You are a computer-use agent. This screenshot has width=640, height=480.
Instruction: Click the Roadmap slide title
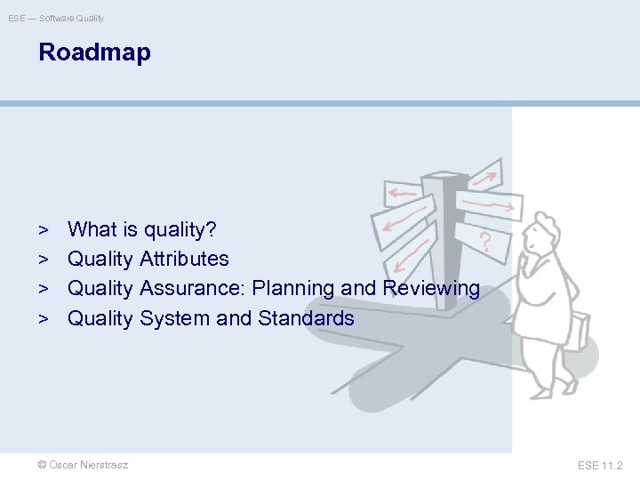tap(94, 52)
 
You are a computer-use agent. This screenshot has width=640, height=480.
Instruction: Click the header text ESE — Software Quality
tap(56, 18)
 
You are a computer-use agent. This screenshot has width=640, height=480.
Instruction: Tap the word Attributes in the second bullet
tap(184, 259)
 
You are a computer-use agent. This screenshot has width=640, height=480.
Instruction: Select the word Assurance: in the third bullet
tap(193, 288)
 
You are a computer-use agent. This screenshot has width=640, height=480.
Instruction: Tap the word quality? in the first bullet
tap(179, 229)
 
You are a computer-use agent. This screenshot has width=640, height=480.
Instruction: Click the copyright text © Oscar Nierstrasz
tap(83, 465)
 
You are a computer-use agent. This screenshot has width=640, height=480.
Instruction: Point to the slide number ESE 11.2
tap(600, 465)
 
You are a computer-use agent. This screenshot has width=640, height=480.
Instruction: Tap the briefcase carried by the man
tap(577, 331)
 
